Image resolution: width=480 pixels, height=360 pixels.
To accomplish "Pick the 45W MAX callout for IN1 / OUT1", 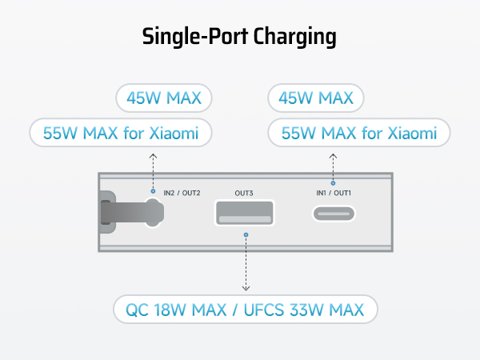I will pos(316,99).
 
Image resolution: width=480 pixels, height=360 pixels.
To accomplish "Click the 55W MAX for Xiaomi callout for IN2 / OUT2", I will pos(120,133).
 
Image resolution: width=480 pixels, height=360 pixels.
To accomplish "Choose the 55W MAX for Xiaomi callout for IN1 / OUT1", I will pos(359,133).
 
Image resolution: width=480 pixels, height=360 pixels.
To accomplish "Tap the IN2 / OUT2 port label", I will pos(182,193).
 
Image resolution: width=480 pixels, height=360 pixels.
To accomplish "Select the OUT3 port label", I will pos(245,193).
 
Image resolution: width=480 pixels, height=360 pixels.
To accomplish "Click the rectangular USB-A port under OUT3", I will pos(245,214).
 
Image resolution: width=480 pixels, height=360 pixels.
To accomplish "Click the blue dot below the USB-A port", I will pos(246,235).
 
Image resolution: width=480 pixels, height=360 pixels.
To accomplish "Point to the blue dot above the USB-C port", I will pos(333,183).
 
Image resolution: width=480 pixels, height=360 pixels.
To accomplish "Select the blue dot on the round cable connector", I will pos(152,191).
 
